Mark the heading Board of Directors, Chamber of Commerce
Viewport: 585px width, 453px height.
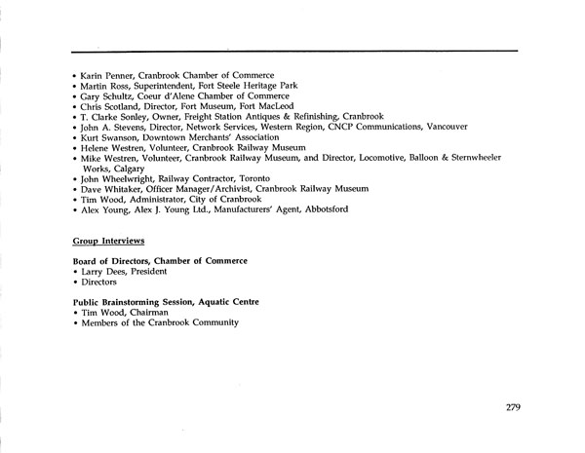(x=160, y=261)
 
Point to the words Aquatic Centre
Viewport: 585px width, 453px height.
(x=233, y=301)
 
